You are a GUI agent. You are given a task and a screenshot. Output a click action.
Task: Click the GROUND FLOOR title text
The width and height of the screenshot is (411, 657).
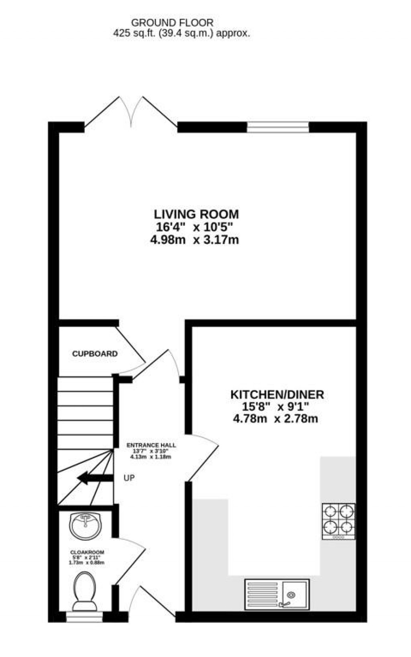pyautogui.click(x=172, y=23)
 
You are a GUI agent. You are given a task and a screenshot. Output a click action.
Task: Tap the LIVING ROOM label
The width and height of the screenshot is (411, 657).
pyautogui.click(x=196, y=214)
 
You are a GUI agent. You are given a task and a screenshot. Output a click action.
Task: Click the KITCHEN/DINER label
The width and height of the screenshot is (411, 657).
pyautogui.click(x=277, y=394)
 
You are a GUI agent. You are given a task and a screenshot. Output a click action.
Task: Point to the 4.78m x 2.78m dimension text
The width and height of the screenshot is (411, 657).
pyautogui.click(x=275, y=419)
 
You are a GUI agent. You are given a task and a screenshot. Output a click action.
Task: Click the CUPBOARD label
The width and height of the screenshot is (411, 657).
pyautogui.click(x=95, y=354)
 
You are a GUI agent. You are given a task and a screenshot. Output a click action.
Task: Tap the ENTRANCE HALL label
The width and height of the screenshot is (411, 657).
pyautogui.click(x=151, y=445)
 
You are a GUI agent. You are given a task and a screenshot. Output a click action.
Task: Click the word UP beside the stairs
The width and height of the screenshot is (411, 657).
pyautogui.click(x=129, y=478)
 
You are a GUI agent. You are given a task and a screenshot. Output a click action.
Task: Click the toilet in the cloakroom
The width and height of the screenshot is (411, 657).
pyautogui.click(x=85, y=590)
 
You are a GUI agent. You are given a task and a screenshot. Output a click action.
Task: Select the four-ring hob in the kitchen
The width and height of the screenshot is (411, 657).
pyautogui.click(x=338, y=521)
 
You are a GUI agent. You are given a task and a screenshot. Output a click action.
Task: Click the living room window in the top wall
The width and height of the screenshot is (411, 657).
pyautogui.click(x=278, y=127)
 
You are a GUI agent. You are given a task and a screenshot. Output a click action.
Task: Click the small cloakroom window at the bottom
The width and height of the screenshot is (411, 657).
pyautogui.click(x=84, y=616)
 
